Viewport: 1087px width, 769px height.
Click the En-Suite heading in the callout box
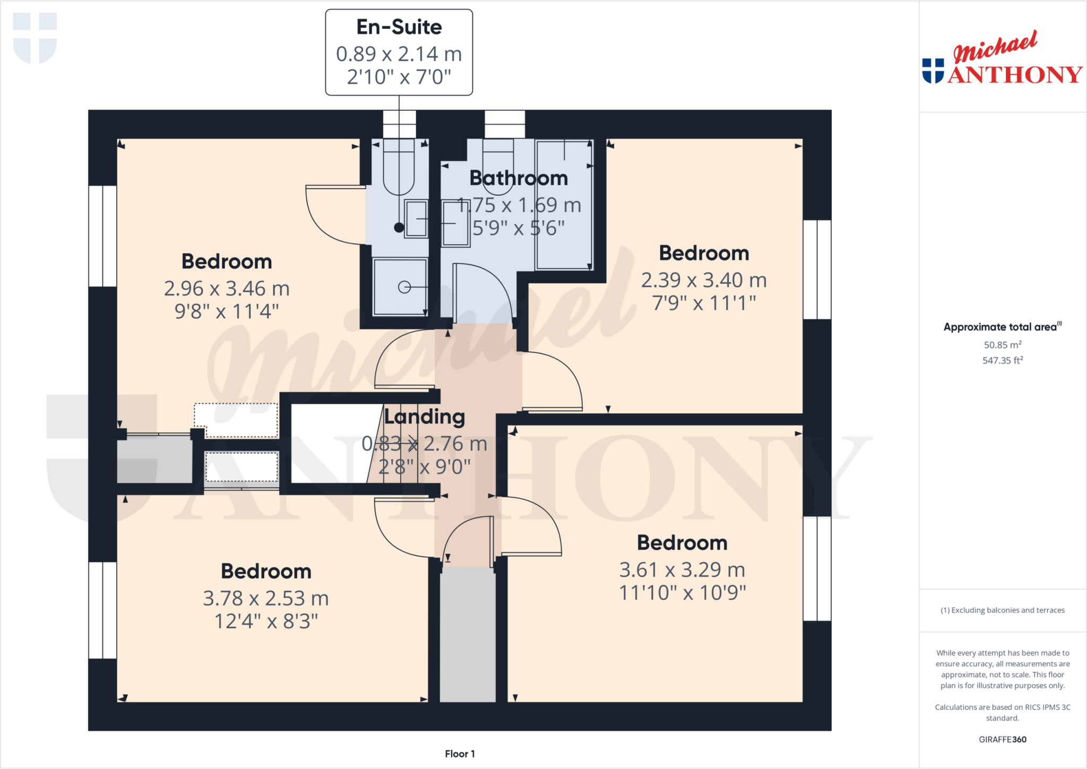click(399, 27)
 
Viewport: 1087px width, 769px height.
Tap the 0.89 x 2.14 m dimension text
click(399, 54)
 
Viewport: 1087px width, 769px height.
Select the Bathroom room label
click(519, 178)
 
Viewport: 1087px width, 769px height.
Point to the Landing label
click(425, 417)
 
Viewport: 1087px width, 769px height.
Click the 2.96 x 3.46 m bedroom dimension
click(227, 288)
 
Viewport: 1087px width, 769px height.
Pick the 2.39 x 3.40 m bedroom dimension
click(704, 280)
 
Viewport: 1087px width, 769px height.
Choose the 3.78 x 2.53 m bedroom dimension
click(266, 598)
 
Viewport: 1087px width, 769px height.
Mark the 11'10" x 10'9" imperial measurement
click(683, 593)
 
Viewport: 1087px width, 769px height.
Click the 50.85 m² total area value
click(1003, 345)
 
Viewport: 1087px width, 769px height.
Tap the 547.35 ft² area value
click(1003, 360)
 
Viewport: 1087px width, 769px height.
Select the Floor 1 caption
click(460, 754)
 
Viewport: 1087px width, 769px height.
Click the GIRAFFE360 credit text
click(1003, 739)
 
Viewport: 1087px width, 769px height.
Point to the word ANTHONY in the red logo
click(1015, 75)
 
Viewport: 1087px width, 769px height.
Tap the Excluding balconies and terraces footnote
click(1003, 610)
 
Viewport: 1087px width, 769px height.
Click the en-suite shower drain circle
click(404, 287)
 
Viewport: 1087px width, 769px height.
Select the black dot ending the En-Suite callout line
click(399, 228)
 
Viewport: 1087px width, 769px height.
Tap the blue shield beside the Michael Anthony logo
click(933, 71)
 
